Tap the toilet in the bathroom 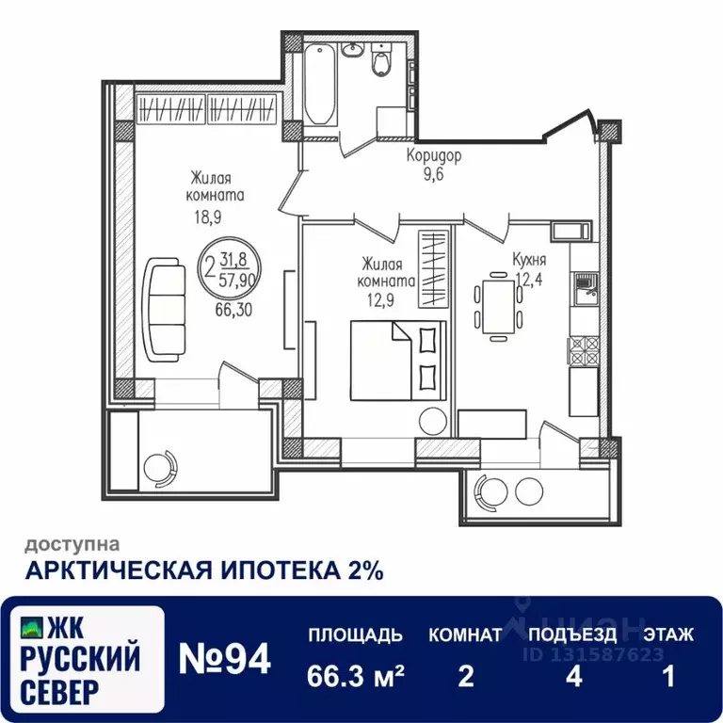click(x=381, y=62)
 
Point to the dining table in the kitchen click(x=499, y=304)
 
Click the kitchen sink click(x=584, y=284)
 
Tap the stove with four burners click(x=584, y=351)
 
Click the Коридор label click(x=434, y=156)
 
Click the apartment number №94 click(x=225, y=658)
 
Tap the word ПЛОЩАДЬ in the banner click(x=356, y=635)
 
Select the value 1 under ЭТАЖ click(x=669, y=678)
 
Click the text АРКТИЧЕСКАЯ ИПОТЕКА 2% click(x=203, y=570)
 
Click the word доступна click(x=72, y=544)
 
